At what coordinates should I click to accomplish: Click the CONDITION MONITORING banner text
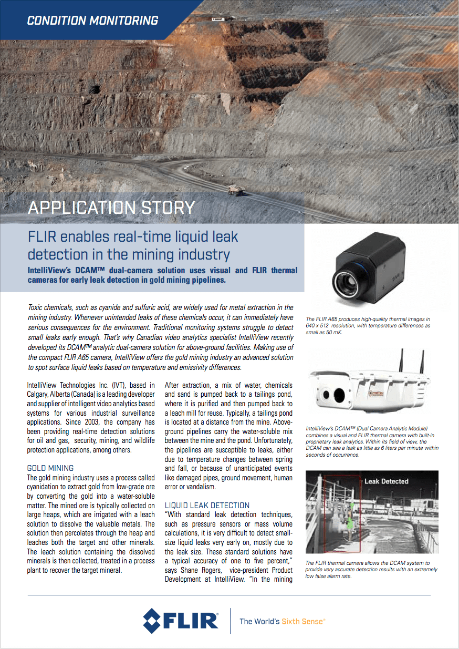tap(92, 20)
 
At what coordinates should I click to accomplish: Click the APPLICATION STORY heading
tap(111, 207)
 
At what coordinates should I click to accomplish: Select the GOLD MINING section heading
tap(50, 468)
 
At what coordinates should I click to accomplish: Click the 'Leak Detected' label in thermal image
tap(386, 481)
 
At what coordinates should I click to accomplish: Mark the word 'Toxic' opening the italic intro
tap(36, 307)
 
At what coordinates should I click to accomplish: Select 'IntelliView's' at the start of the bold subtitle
tap(48, 271)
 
